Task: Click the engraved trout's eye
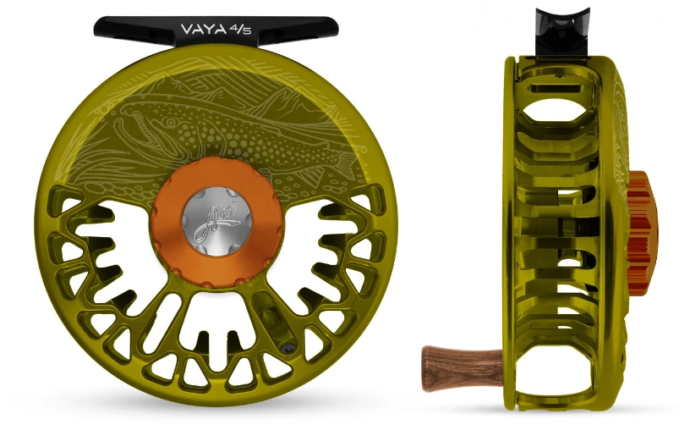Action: coord(142,119)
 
